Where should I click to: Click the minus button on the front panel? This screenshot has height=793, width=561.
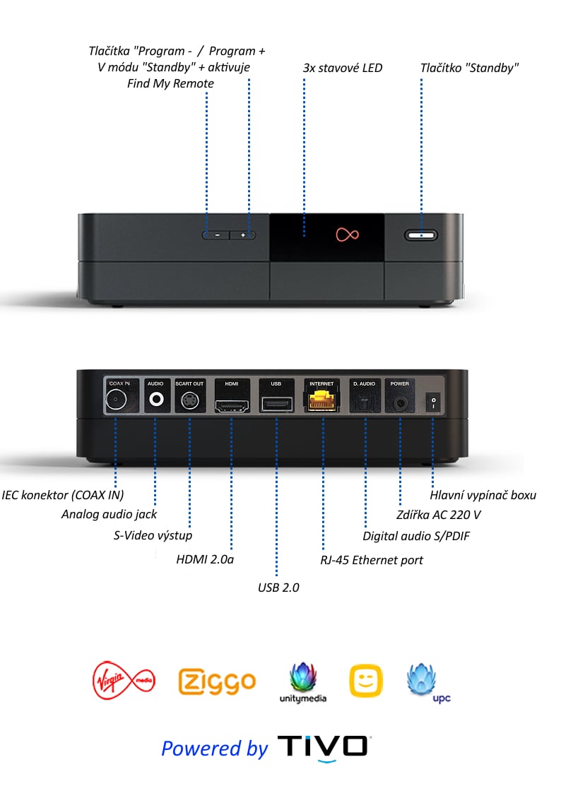(217, 234)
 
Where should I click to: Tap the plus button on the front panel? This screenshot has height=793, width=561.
(242, 234)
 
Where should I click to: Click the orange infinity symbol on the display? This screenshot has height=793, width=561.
(343, 234)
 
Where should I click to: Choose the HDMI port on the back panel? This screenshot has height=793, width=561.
(232, 404)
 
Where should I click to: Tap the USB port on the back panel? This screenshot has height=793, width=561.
(276, 404)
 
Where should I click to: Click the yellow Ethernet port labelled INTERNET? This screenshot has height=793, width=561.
(322, 400)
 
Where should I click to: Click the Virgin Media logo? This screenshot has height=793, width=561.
(124, 680)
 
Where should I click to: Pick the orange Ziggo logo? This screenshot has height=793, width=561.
(217, 681)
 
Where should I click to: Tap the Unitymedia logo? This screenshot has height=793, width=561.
(304, 682)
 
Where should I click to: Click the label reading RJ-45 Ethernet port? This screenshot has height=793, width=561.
(372, 560)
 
